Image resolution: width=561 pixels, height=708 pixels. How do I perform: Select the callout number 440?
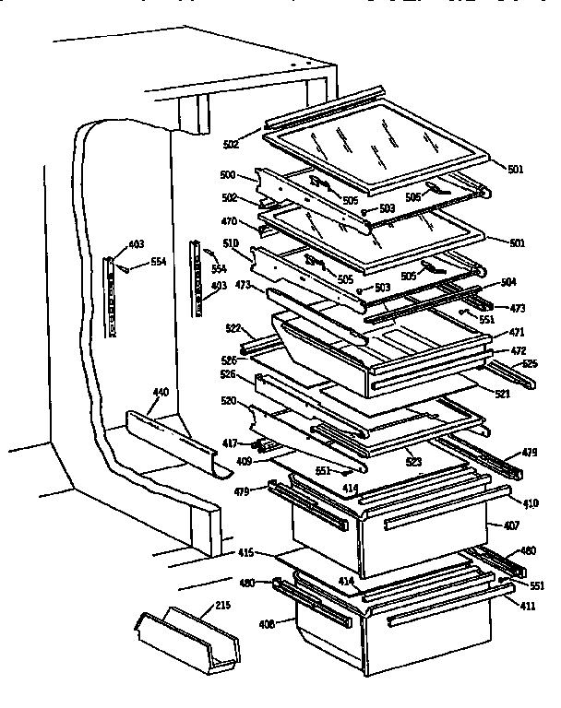pos(161,393)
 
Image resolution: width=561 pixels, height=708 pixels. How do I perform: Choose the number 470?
pos(230,221)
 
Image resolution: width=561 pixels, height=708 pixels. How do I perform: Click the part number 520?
pos(230,401)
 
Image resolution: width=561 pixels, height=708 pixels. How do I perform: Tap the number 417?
pos(230,443)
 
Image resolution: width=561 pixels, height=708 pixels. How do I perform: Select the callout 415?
pos(245,554)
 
